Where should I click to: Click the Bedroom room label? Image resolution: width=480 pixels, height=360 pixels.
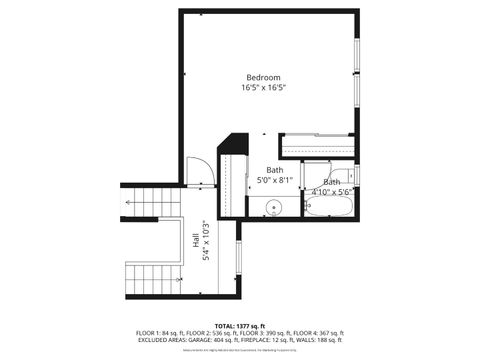coord(264,77)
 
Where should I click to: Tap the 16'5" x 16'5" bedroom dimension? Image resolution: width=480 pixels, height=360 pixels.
coord(264,88)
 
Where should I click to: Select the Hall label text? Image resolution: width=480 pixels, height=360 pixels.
coord(195,241)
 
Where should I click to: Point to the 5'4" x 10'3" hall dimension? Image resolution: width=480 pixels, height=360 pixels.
coord(206,241)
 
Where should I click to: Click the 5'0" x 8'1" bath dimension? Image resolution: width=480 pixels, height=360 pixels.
coord(274,181)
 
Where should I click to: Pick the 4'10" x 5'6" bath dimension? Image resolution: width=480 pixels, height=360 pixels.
coord(329,191)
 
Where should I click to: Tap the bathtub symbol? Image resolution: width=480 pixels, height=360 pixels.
coord(329,208)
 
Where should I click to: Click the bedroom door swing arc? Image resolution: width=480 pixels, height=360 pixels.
coord(200,171)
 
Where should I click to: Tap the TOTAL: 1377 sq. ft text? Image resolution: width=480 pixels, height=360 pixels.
coord(240,326)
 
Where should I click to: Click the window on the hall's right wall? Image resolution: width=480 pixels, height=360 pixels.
coord(238,260)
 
